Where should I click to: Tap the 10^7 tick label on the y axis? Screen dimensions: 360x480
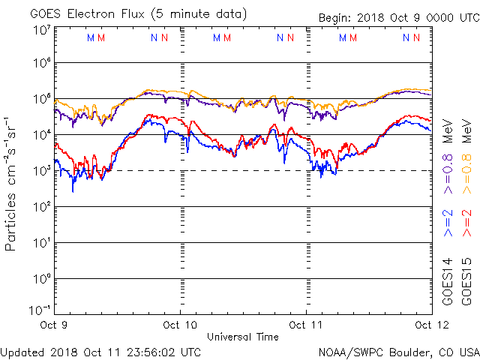pos(41,30)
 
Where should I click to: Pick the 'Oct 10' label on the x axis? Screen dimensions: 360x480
pos(180,325)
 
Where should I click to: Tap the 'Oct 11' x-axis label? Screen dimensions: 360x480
pos(306,325)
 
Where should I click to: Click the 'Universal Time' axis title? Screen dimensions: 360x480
pos(242,337)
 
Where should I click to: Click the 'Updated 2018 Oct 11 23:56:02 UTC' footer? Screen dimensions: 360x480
pos(100,351)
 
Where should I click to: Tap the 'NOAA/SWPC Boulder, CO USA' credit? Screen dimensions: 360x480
pos(398,351)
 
